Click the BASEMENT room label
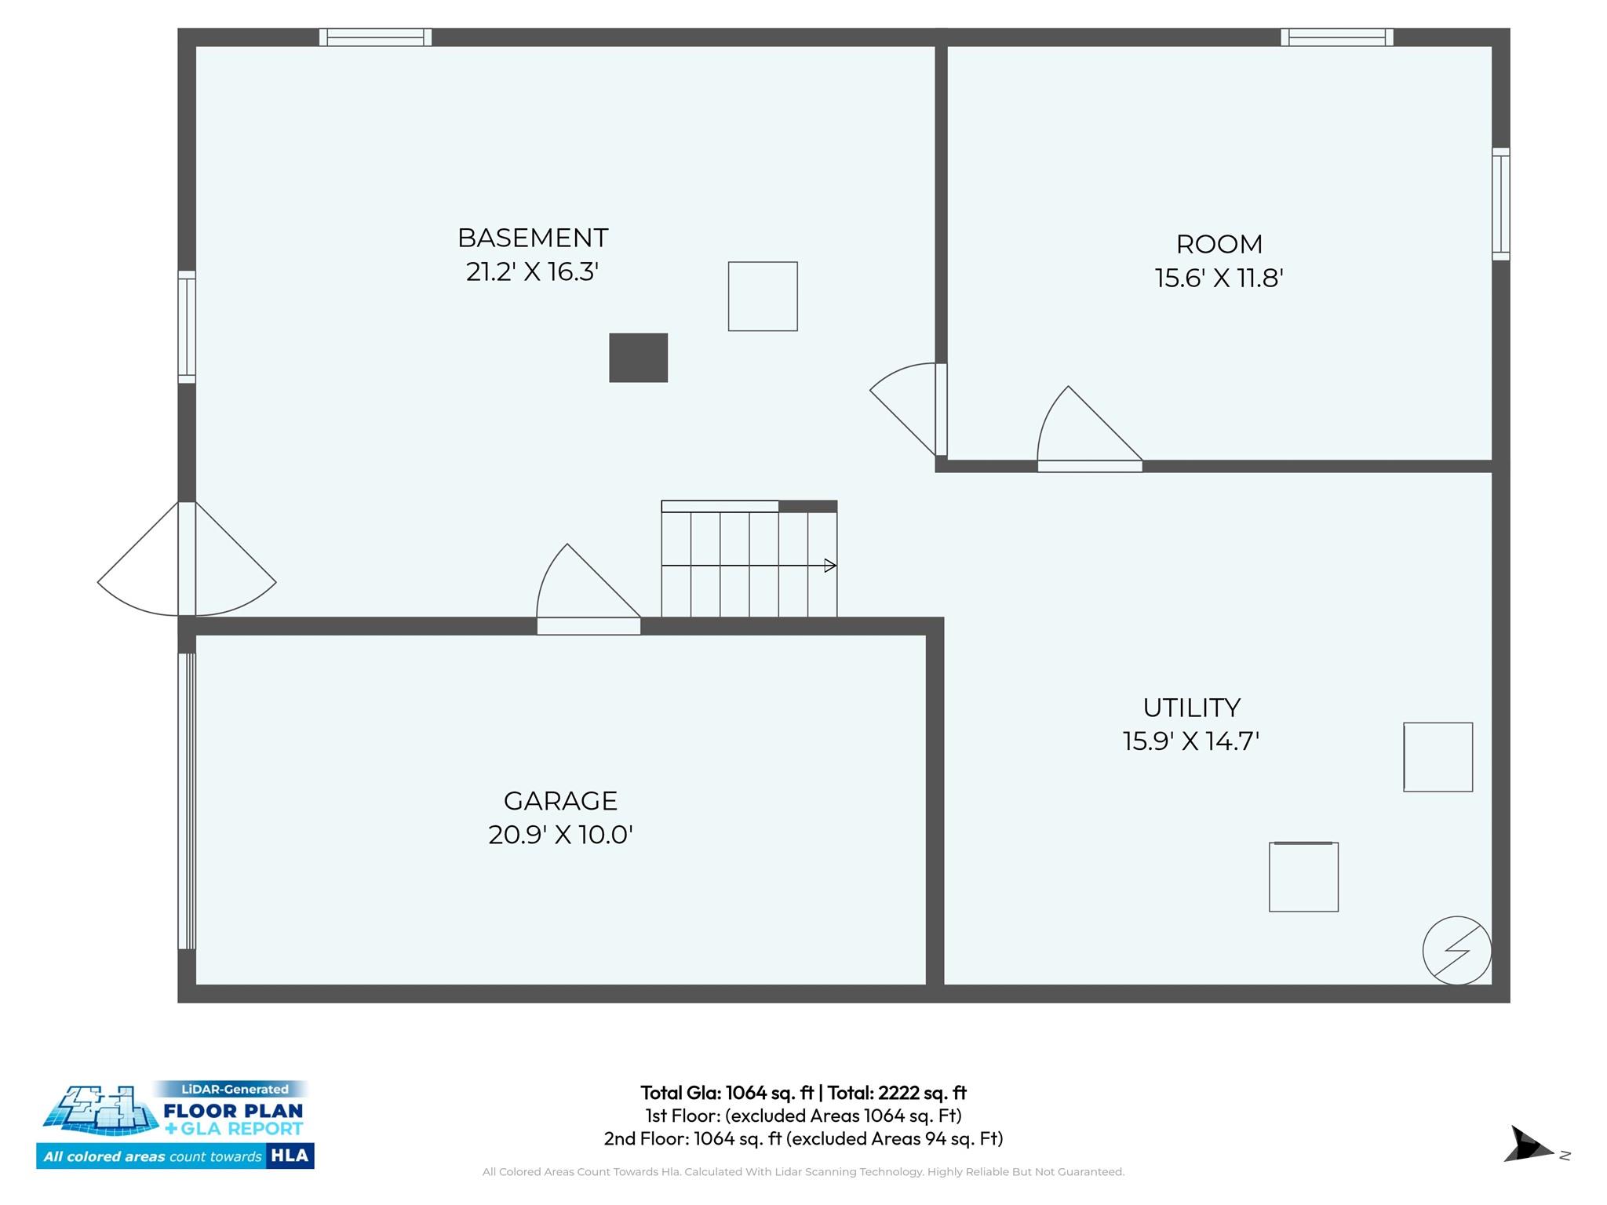coord(533,238)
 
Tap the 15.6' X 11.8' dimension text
coord(1219,278)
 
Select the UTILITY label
coord(1191,708)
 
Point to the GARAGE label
coord(560,800)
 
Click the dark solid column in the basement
coord(638,358)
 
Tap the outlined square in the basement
coord(763,297)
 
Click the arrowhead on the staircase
coord(830,566)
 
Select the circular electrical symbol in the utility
coord(1456,950)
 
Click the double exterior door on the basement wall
coord(187,559)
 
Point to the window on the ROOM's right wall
coord(1500,204)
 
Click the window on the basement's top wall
coord(375,37)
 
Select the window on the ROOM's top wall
coord(1337,37)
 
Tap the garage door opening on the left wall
coord(187,801)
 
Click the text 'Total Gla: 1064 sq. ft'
coord(727,1092)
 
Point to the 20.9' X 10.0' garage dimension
coord(560,834)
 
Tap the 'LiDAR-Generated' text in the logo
coord(235,1089)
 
